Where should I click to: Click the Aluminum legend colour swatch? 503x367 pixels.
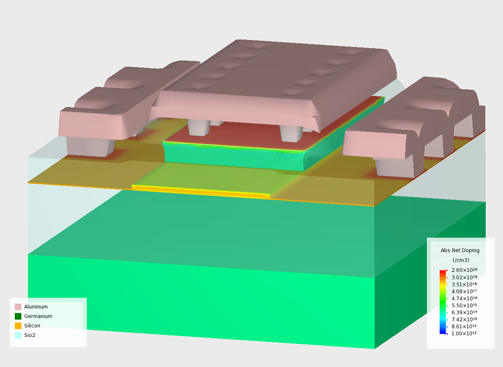(18, 307)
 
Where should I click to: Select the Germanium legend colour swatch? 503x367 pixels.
(18, 316)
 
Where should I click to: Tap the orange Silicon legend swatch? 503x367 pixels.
(18, 326)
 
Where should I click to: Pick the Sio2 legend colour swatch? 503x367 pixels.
(18, 335)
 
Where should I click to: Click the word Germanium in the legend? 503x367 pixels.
(38, 316)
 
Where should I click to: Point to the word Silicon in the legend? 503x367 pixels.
(32, 326)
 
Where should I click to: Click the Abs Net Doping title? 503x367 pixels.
(460, 250)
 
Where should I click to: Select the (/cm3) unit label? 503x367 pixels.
(461, 260)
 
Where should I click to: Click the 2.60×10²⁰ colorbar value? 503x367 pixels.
(464, 270)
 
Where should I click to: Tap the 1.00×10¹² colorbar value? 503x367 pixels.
(464, 333)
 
